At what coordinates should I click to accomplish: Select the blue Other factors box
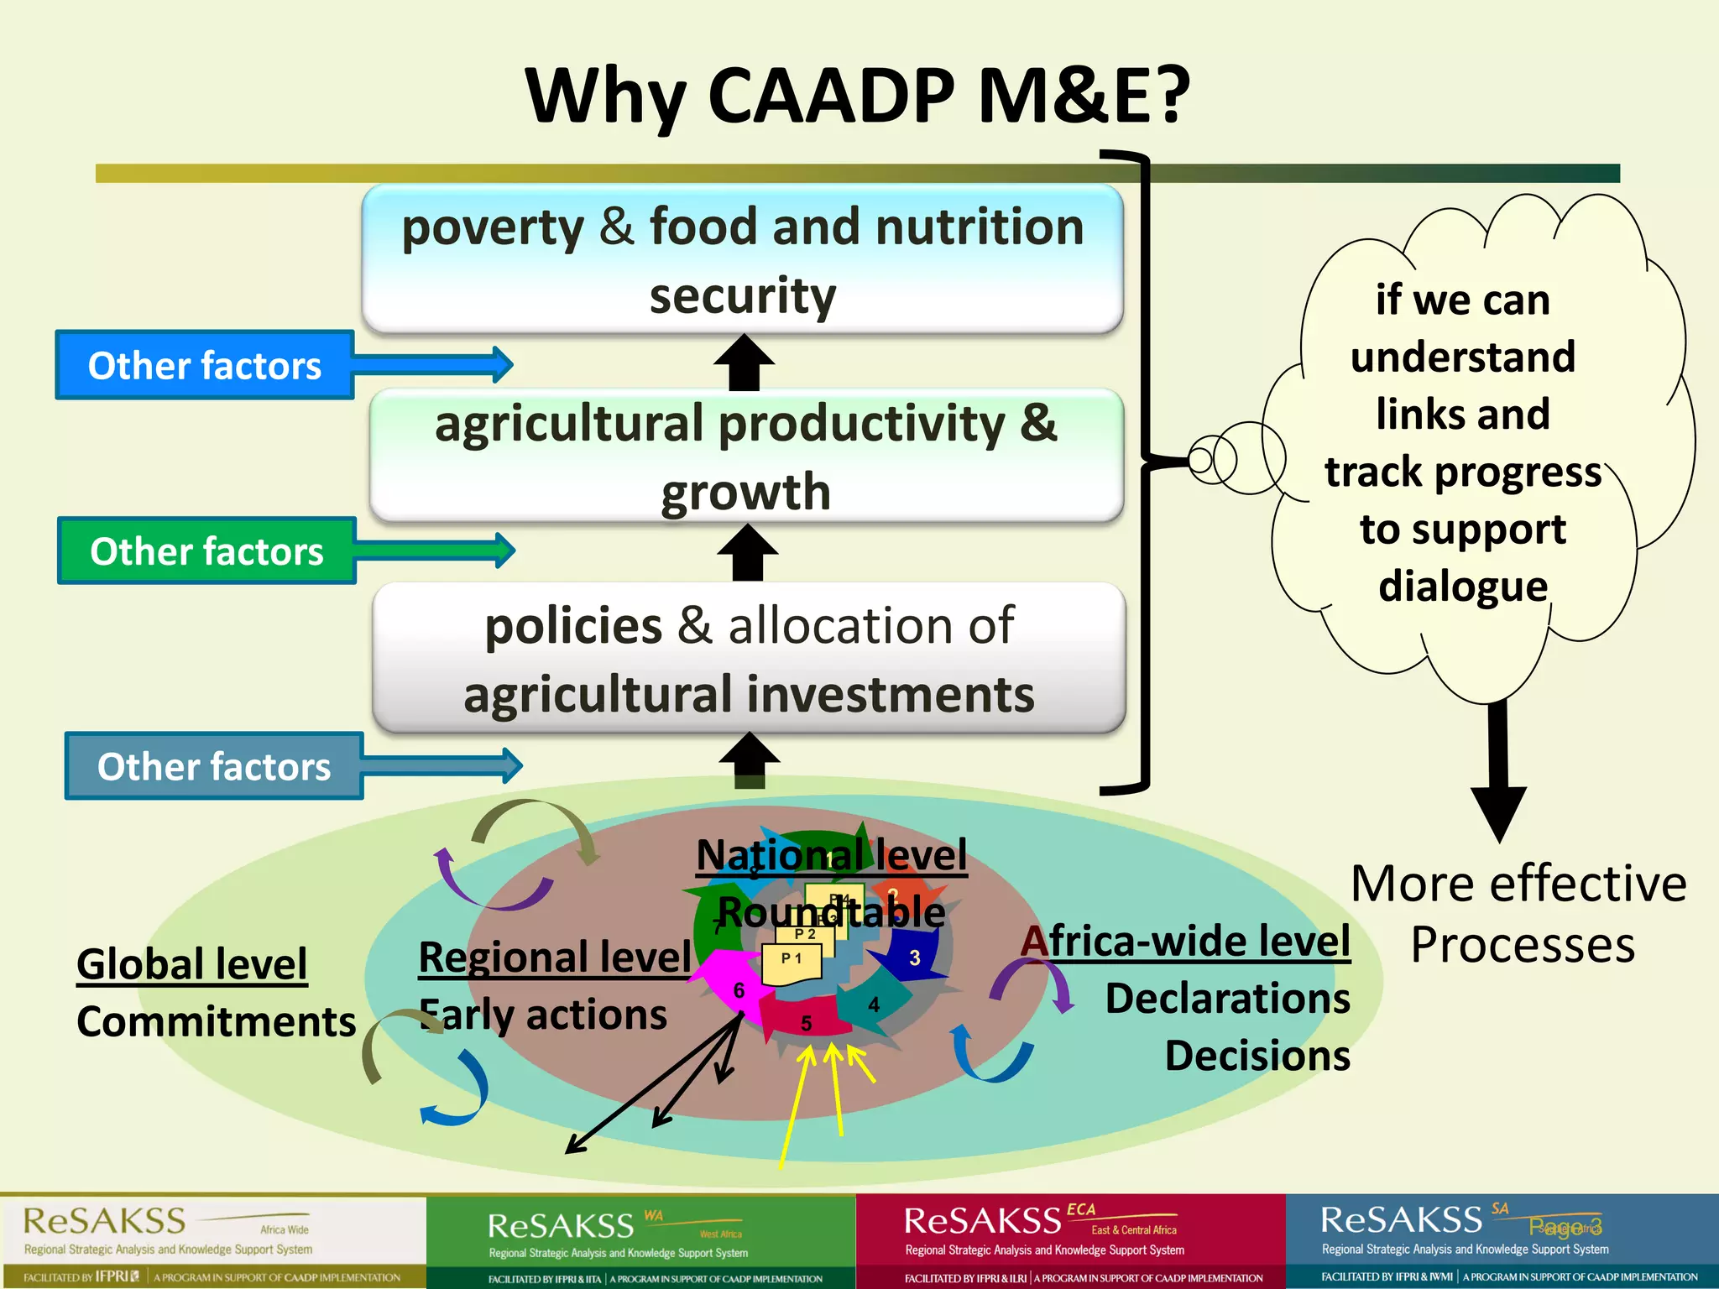205,366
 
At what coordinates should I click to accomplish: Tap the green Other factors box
206,551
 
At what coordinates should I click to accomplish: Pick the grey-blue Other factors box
214,766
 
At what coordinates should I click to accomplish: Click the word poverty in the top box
493,228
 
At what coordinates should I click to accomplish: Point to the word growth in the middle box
745,492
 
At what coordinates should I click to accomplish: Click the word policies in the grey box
573,626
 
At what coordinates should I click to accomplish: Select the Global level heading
191,963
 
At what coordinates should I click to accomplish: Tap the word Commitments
217,1021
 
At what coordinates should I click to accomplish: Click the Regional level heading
555,957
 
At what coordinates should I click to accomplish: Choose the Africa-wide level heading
1185,941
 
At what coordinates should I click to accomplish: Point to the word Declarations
1227,999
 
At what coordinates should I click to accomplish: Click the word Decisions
1257,1056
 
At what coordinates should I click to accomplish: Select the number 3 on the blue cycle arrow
915,958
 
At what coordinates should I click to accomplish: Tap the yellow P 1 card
792,963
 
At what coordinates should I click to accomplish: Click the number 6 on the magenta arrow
739,990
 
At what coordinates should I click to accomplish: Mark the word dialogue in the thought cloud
1462,586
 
